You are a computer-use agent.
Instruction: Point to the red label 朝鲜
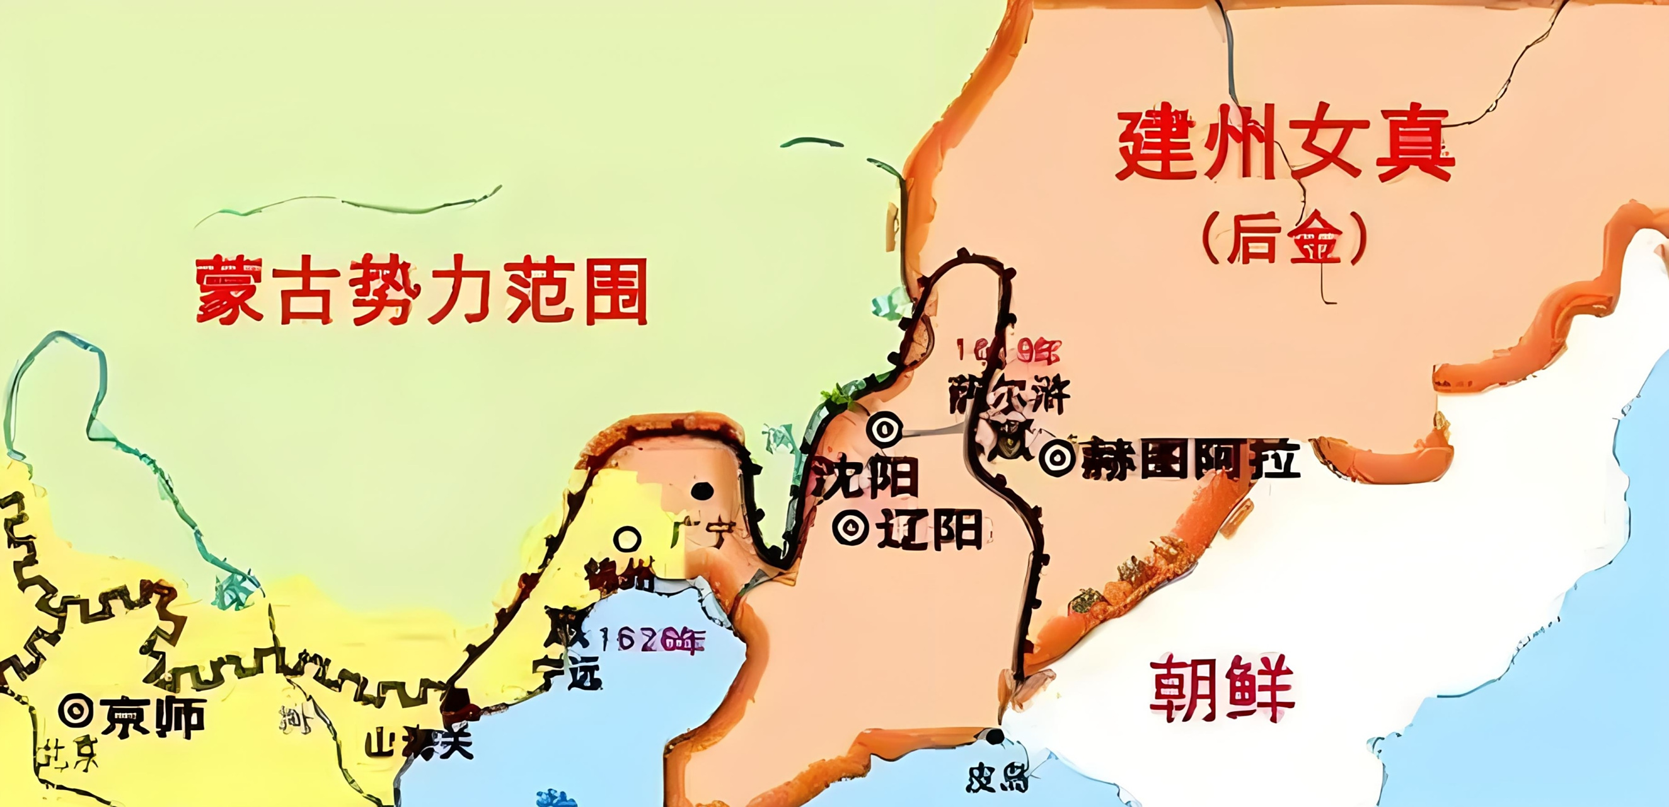(x=1221, y=688)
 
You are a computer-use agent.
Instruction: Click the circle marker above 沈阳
(x=884, y=429)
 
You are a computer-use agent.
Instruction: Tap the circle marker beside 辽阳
(x=850, y=529)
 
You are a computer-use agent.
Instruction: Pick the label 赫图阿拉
(x=1189, y=459)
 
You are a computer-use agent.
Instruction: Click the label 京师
(x=154, y=717)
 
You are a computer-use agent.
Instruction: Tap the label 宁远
(x=567, y=674)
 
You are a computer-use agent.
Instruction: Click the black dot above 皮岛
(x=995, y=736)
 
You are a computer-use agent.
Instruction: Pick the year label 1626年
(x=650, y=641)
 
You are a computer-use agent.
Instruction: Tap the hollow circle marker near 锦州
(x=627, y=538)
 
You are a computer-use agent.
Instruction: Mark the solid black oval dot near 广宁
(x=702, y=491)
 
